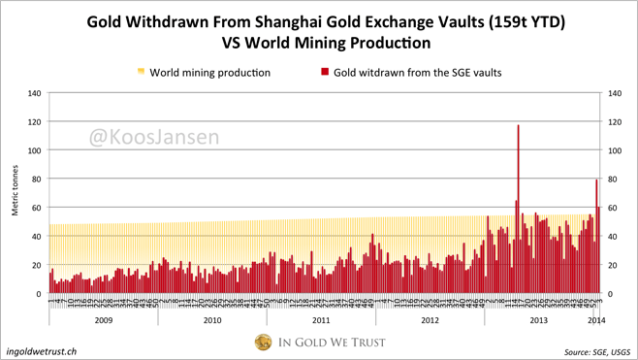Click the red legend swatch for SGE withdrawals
tap(324, 72)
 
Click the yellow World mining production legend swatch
tap(142, 72)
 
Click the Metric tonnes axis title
tap(15, 194)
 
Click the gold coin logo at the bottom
tap(263, 342)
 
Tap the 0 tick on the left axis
tap(39, 294)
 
